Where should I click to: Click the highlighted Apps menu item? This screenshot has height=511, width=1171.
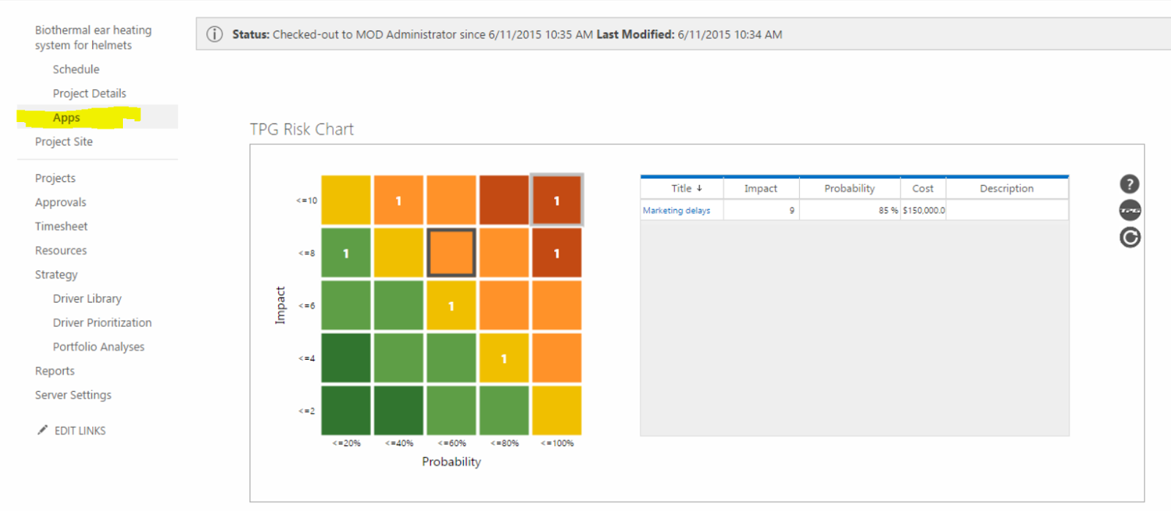tap(67, 118)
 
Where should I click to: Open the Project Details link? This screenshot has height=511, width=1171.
tap(89, 94)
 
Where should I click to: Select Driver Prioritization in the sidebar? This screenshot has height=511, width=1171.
tap(102, 322)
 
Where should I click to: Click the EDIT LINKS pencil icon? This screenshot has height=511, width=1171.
tap(42, 430)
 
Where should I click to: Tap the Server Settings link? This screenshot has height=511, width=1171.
tap(73, 395)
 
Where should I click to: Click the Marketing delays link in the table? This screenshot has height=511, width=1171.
tap(676, 211)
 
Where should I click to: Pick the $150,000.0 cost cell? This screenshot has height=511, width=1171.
tap(924, 211)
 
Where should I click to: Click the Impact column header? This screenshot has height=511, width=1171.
tap(760, 189)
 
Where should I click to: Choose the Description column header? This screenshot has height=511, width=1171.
tap(1006, 189)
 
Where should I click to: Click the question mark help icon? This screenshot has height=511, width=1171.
tap(1129, 184)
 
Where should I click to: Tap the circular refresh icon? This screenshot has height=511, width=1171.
tap(1130, 238)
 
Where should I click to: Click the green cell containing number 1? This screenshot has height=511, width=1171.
tap(346, 253)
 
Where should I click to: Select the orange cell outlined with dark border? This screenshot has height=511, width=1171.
tap(452, 253)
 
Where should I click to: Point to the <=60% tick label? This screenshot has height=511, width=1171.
tap(452, 443)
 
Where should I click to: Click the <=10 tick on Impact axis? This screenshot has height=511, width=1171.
tap(307, 200)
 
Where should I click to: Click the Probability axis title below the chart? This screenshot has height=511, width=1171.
tap(451, 462)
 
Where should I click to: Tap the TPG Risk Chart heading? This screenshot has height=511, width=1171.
tap(302, 129)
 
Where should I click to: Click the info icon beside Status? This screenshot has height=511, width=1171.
tap(214, 34)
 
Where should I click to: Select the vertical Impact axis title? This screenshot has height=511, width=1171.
tap(280, 305)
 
